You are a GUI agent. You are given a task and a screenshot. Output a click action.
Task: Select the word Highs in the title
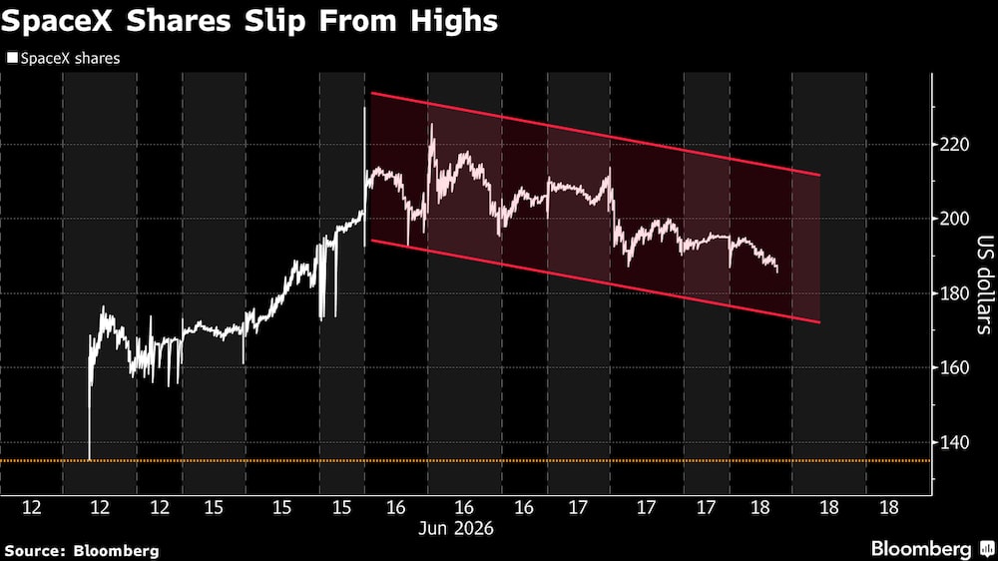pos(454,22)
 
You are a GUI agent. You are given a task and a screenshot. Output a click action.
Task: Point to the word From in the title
pos(357,21)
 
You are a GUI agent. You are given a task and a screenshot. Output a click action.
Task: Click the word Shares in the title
pos(179,21)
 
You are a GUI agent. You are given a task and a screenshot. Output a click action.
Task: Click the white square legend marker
pos(12,58)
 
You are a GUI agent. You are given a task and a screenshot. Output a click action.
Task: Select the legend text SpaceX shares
pos(70,59)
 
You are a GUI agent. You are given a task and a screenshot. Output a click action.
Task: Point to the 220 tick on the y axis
pos(954,145)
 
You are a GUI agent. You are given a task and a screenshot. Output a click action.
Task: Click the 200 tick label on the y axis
pos(954,219)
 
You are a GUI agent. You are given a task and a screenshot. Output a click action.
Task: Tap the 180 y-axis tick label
pos(954,293)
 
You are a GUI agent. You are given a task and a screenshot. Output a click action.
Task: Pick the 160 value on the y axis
pos(954,367)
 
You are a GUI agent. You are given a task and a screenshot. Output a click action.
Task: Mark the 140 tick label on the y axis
pos(954,442)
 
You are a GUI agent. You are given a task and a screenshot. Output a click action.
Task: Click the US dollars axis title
pos(985,284)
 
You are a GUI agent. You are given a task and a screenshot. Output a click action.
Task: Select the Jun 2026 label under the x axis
pos(456,528)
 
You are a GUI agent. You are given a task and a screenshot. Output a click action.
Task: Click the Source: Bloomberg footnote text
pos(82,551)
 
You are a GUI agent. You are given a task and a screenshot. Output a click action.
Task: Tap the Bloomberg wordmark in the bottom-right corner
pos(921,549)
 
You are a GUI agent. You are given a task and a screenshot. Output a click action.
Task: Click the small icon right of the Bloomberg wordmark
pos(987,549)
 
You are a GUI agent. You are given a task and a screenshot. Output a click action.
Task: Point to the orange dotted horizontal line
pos(466,460)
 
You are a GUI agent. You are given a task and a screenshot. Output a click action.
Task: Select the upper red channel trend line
pos(596,134)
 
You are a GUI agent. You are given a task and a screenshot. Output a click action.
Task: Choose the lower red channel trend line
pos(596,281)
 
